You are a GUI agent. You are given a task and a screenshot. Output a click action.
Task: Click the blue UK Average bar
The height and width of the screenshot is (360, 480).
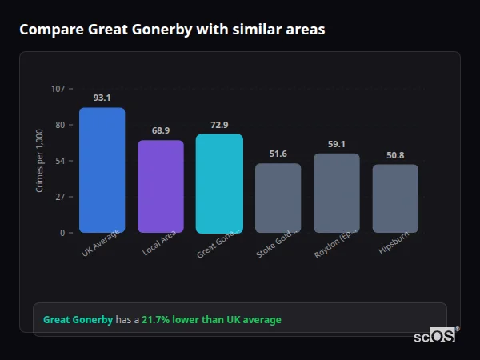pos(102,170)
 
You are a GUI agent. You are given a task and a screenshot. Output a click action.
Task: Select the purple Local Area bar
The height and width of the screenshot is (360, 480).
pos(161,186)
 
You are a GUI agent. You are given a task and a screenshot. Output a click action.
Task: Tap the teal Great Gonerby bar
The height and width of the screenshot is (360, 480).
pos(219,183)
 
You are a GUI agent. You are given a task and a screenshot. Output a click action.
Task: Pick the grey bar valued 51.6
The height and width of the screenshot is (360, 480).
pos(278,198)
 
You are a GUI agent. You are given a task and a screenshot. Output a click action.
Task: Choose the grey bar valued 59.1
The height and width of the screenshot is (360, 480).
pos(336,193)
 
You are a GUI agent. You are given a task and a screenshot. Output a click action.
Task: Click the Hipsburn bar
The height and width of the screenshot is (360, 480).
pos(395,198)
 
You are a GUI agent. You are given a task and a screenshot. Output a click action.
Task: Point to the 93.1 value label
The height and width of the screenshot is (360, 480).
pos(102,98)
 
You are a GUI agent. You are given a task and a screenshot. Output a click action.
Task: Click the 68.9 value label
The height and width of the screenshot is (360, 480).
pos(161,130)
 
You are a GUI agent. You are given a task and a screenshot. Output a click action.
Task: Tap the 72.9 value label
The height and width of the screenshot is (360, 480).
pos(219,125)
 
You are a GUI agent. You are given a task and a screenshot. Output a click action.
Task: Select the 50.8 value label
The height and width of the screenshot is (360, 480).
pos(395,155)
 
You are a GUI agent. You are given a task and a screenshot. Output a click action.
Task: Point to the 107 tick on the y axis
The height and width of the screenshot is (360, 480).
pos(58,89)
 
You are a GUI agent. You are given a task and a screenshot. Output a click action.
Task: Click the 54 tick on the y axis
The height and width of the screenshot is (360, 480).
pos(60,161)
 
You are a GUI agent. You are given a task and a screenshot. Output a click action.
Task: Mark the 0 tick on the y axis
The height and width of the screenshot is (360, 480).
pos(62,233)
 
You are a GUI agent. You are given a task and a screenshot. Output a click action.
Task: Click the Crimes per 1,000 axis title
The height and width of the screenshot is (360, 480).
pos(40,161)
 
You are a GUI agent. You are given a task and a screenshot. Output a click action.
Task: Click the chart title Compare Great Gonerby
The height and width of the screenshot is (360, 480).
pos(172,30)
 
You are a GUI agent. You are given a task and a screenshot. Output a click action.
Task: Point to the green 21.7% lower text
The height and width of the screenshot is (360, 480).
pos(211,320)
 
